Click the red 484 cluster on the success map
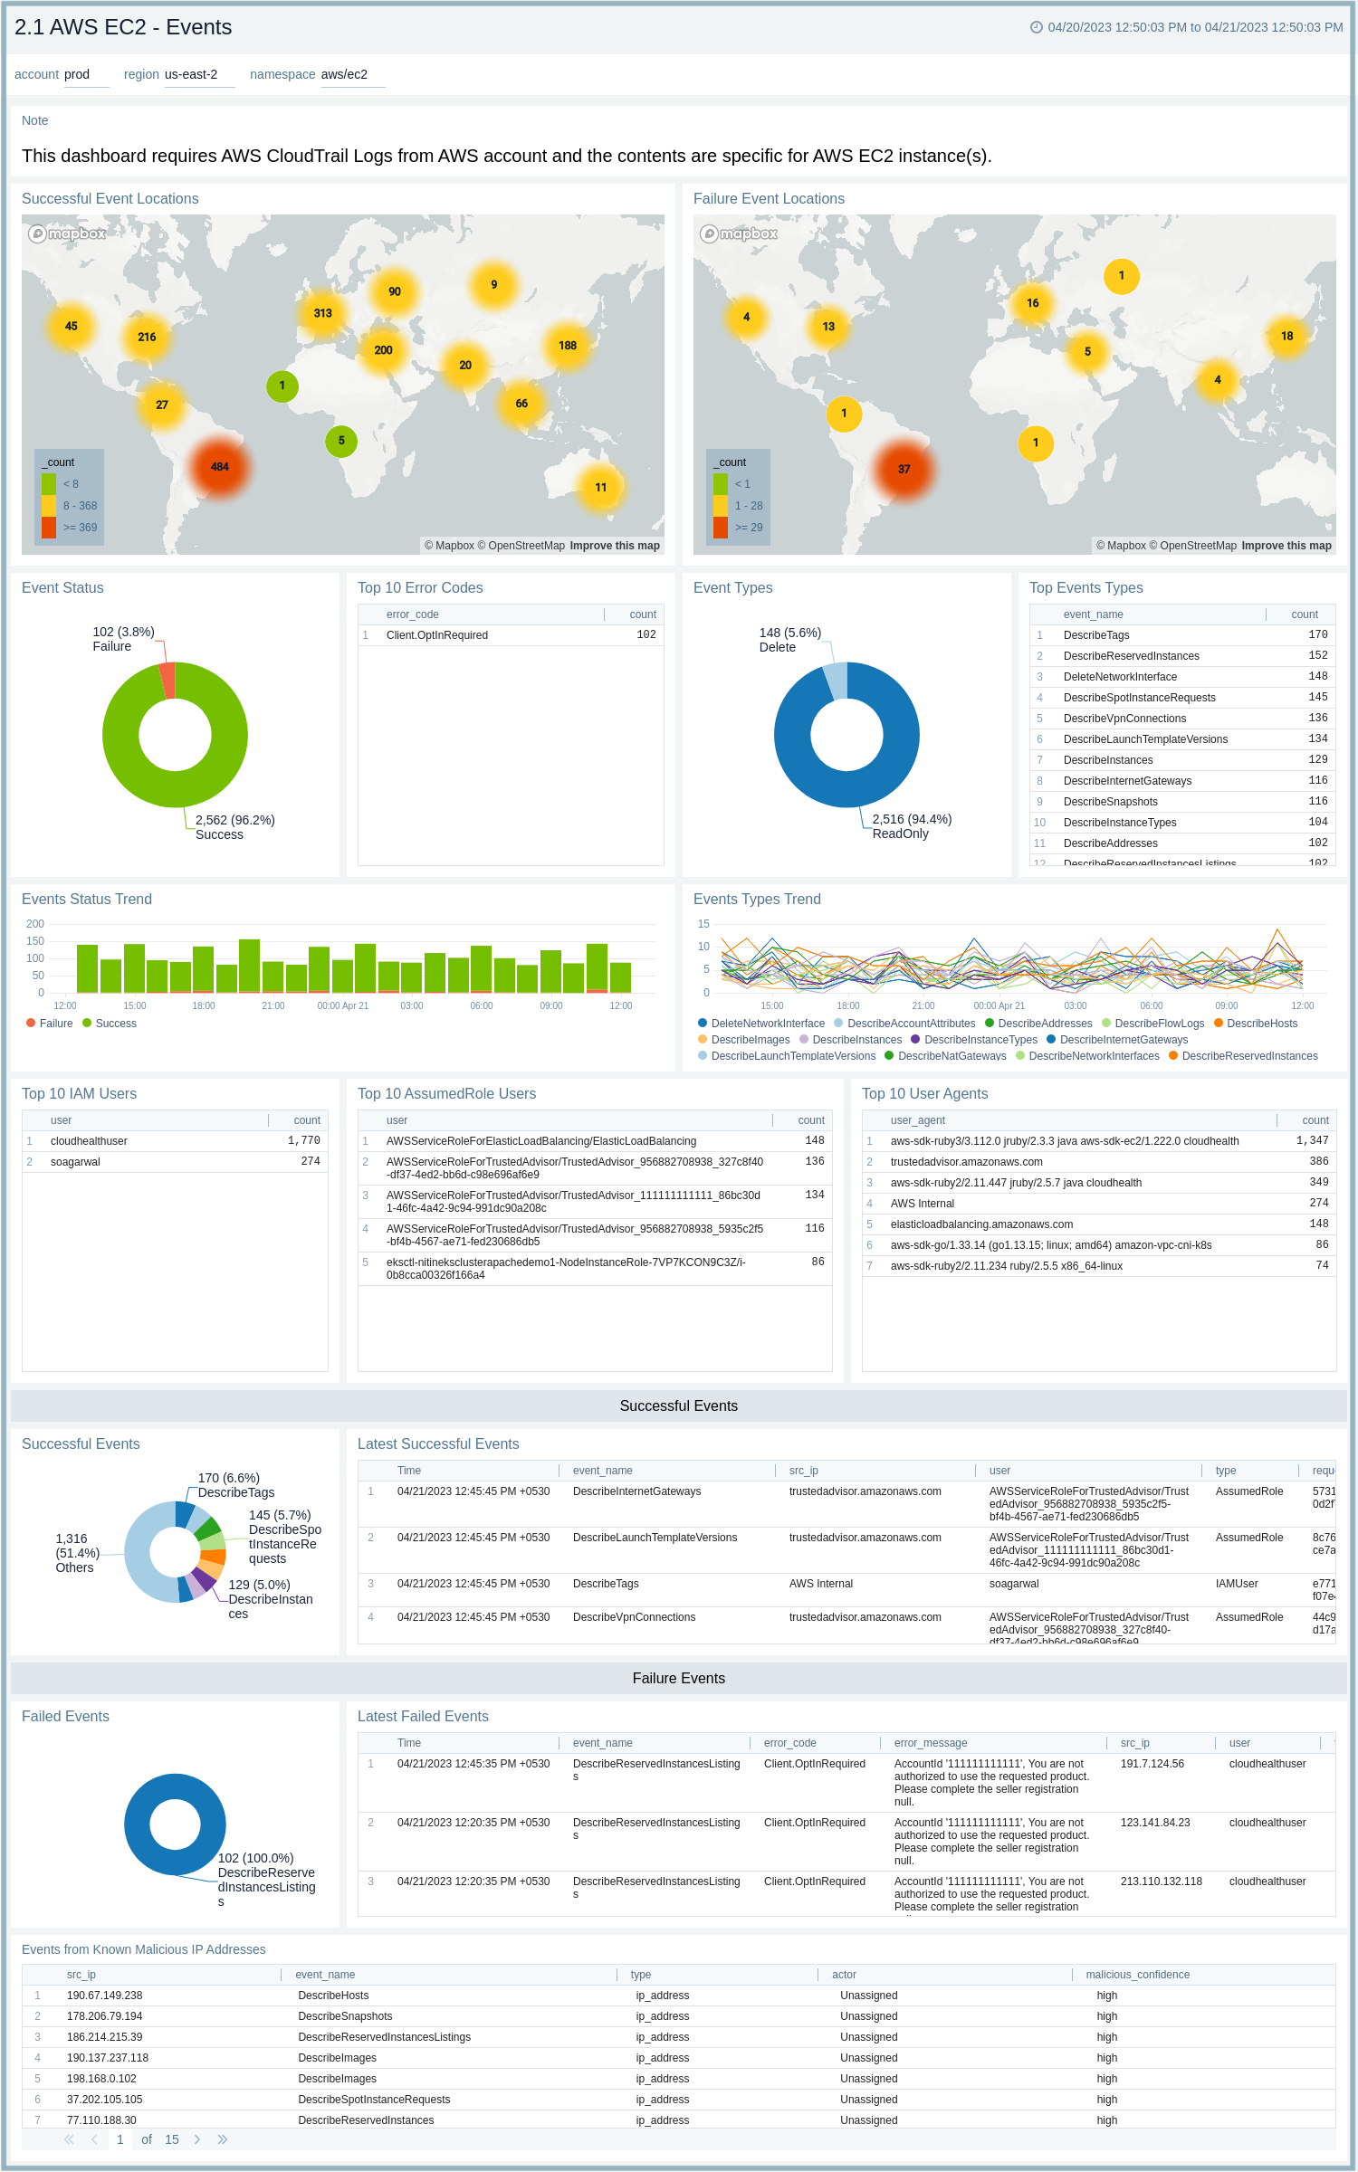pyautogui.click(x=220, y=467)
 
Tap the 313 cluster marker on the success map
pyautogui.click(x=322, y=313)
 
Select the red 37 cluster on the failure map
pyautogui.click(x=904, y=469)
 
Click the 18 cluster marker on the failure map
pyautogui.click(x=1286, y=336)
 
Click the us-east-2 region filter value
pyautogui.click(x=191, y=74)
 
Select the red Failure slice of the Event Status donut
pyautogui.click(x=167, y=680)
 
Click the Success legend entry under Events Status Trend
pyautogui.click(x=115, y=1024)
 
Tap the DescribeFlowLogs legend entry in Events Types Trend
pyautogui.click(x=1159, y=1024)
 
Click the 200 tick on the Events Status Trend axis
pyautogui.click(x=35, y=924)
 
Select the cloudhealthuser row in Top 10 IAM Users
pyautogui.click(x=89, y=1141)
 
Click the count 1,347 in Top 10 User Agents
pyautogui.click(x=1312, y=1141)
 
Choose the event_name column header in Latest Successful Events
pyautogui.click(x=602, y=1471)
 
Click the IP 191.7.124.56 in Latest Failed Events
pyautogui.click(x=1152, y=1764)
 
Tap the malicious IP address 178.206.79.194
pyautogui.click(x=104, y=2016)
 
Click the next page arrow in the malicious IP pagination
pyautogui.click(x=196, y=2139)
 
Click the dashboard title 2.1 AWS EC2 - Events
pyautogui.click(x=123, y=27)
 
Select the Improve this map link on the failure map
pyautogui.click(x=1286, y=546)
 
